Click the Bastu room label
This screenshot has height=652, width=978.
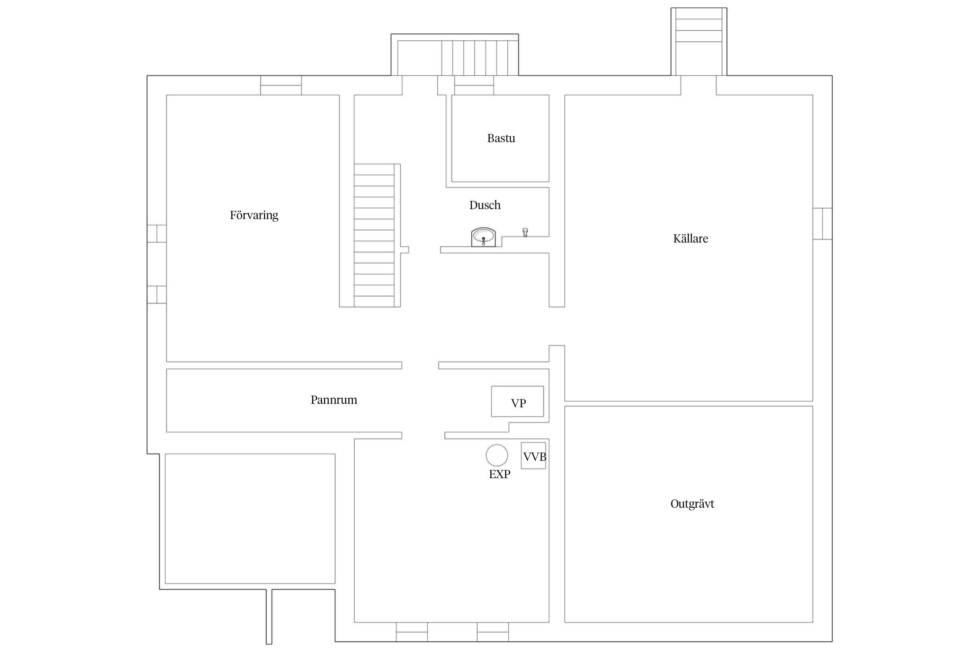point(501,138)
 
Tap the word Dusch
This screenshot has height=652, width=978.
point(485,205)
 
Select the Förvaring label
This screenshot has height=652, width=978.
point(254,215)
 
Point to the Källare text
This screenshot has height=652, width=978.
point(690,238)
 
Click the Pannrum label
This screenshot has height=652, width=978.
point(334,400)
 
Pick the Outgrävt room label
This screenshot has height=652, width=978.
point(692,504)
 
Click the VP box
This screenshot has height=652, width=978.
point(517,401)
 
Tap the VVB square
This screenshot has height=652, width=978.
point(533,456)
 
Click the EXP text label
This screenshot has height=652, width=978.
point(499,474)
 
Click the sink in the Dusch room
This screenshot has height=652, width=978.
point(483,237)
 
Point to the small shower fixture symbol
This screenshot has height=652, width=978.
point(525,232)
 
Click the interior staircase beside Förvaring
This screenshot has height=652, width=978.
point(374,236)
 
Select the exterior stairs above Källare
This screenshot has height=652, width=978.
point(699,42)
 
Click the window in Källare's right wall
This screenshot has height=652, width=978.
point(822,224)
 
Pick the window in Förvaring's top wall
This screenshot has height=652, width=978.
point(281,85)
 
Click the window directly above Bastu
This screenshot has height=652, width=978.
point(474,85)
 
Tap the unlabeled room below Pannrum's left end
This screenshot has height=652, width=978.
point(250,519)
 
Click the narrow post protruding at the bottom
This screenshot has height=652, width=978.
point(269,616)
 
